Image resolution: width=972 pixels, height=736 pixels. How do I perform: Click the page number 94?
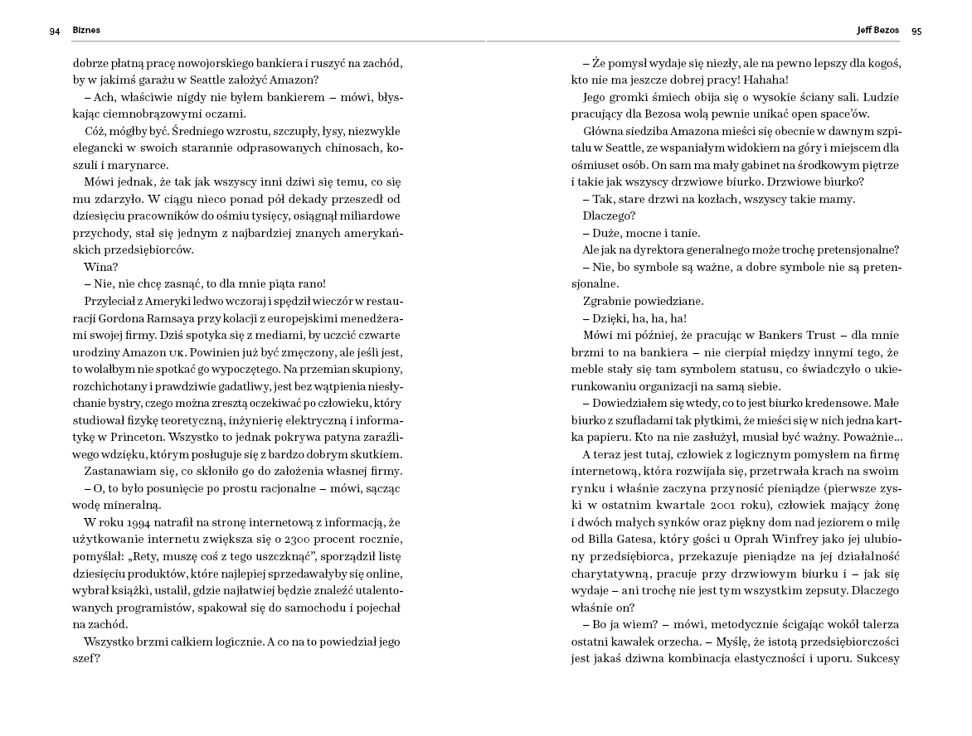55,31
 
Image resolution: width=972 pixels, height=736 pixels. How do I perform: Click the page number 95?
916,31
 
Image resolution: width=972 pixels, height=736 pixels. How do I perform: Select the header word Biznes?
86,31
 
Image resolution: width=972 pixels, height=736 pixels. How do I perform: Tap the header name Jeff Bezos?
877,31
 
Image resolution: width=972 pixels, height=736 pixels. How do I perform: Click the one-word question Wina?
101,267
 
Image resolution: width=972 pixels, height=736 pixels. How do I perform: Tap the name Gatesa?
622,540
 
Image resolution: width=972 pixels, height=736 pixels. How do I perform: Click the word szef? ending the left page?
86,659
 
